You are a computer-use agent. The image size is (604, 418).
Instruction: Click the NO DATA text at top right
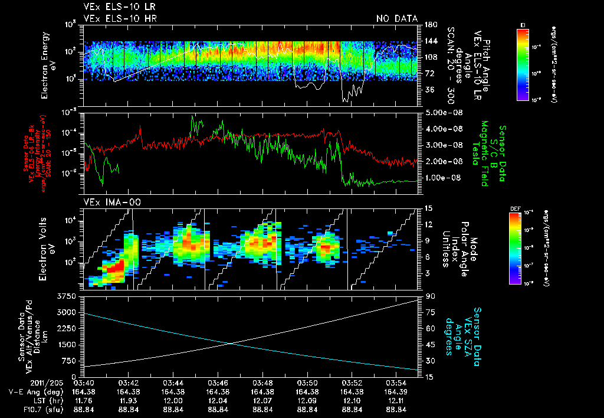[x=396, y=19]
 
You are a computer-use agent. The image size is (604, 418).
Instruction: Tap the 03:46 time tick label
[x=218, y=383]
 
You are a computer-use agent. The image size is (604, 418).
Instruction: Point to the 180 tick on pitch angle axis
[x=430, y=25]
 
